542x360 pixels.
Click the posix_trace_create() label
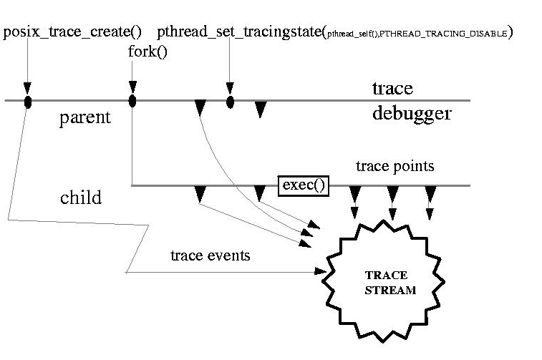point(72,32)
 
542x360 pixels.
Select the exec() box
point(304,185)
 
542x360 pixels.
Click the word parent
point(84,118)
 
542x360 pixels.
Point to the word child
point(80,198)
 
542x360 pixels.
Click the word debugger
point(412,113)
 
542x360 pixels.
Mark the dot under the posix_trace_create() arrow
point(28,102)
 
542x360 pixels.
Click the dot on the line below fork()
point(132,100)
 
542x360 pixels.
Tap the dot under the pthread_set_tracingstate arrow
point(230,102)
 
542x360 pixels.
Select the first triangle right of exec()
point(354,193)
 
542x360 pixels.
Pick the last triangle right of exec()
point(430,193)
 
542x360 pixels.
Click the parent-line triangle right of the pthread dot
point(261,109)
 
